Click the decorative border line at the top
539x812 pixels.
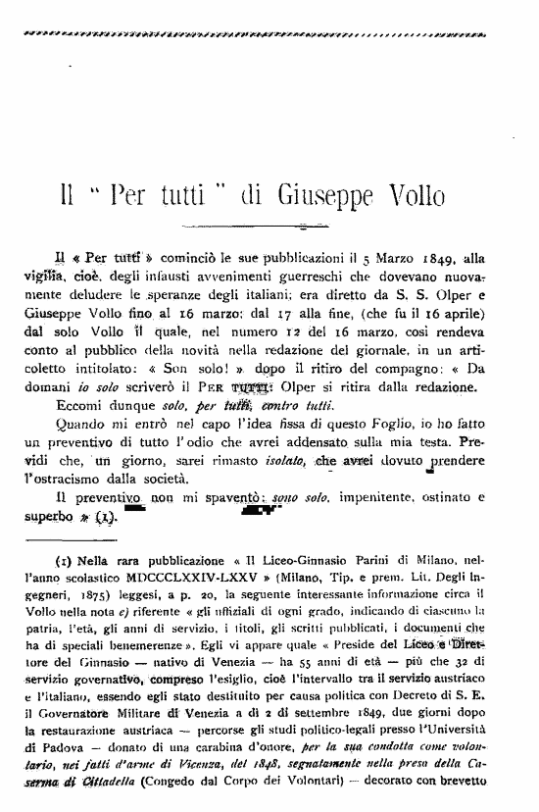coord(269,33)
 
